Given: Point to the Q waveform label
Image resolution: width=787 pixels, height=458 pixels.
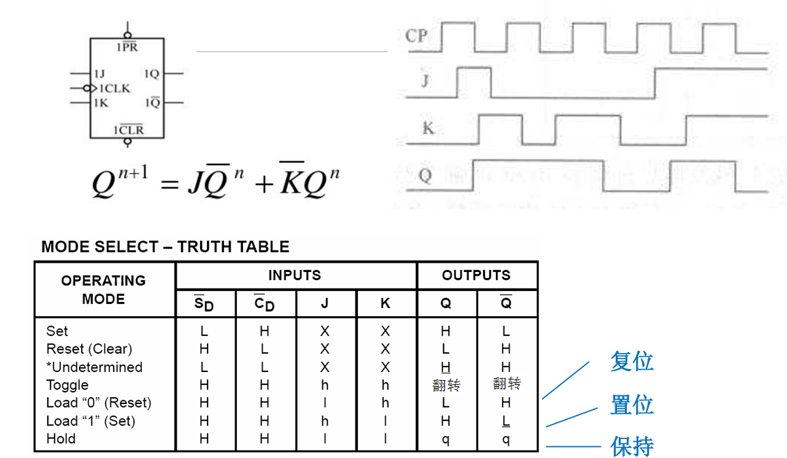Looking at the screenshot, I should point(425,176).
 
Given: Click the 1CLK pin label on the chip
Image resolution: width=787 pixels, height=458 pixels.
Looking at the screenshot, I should point(115,88).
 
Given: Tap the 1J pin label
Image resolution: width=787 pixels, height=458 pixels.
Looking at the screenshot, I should point(99,74).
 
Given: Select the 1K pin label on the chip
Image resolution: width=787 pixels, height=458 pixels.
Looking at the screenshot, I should point(100,103).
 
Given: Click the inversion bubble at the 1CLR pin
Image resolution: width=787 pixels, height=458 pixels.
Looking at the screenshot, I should point(128,142).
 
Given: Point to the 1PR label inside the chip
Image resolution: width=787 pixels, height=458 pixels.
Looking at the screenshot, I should point(127,47).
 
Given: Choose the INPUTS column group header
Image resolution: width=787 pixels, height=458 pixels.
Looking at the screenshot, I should point(295,276).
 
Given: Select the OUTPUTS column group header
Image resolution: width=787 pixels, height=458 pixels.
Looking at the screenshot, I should point(476,276).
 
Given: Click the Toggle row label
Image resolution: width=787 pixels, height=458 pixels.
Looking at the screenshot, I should point(68,385).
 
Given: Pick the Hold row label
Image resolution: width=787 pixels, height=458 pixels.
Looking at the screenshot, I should point(61,439).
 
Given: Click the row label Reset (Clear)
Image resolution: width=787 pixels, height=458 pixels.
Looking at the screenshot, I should point(89,349).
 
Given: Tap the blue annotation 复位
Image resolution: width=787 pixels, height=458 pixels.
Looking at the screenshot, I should point(632,361).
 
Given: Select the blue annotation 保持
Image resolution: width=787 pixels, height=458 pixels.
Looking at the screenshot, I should point(632,446).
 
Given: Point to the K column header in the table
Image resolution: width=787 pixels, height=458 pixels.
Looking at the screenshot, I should point(386,303).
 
